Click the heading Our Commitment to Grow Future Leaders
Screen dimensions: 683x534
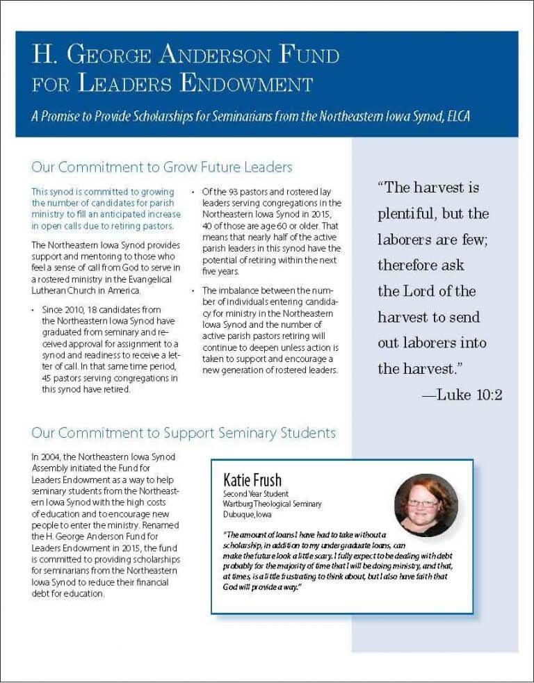coord(161,167)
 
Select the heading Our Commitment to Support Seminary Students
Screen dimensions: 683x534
coord(184,433)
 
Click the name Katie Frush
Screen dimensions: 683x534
coord(252,480)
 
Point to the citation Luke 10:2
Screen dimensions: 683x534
coord(462,395)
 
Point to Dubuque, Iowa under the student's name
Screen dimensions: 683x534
coord(248,515)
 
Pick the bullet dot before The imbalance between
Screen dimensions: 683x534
coord(193,290)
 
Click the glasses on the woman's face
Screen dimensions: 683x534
coord(423,502)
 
